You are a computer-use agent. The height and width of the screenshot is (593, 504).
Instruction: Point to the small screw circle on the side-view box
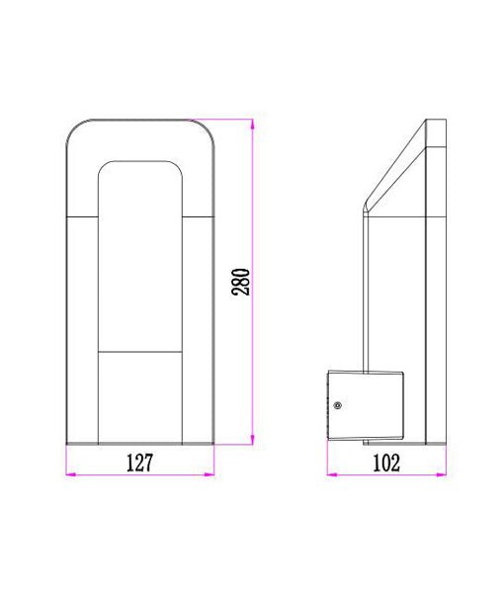pyautogui.click(x=339, y=405)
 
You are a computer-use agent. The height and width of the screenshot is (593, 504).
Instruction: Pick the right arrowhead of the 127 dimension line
pyautogui.click(x=210, y=476)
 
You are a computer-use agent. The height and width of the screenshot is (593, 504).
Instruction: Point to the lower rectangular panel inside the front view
pyautogui.click(x=140, y=395)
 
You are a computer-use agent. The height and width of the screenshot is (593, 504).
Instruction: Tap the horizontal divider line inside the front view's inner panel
pyautogui.click(x=140, y=351)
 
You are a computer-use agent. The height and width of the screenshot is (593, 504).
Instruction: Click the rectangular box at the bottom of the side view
pyautogui.click(x=366, y=405)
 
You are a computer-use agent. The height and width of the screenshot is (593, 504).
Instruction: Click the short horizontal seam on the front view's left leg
pyautogui.click(x=81, y=214)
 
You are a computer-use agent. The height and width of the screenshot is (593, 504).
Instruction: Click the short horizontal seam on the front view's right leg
pyautogui.click(x=201, y=214)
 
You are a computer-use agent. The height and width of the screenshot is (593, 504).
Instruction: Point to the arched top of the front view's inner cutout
pyautogui.click(x=140, y=161)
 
